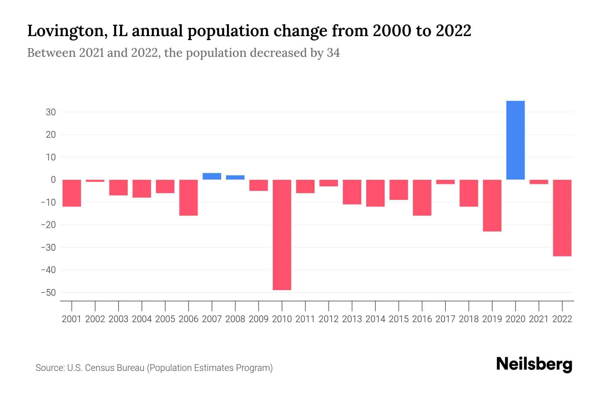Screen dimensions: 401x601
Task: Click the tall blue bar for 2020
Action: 515,140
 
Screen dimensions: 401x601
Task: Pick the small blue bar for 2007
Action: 212,176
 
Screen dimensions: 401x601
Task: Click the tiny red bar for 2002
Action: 95,181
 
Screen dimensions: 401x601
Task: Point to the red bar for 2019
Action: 492,206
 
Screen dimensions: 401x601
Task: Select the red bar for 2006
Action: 188,197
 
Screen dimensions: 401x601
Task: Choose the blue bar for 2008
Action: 235,177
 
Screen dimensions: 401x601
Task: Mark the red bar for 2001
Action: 72,193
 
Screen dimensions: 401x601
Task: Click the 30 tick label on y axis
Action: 51,112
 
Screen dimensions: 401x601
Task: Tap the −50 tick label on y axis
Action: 48,293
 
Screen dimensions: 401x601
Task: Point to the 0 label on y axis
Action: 53,180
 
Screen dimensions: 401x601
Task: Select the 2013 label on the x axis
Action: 352,319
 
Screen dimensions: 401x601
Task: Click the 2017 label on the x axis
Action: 445,319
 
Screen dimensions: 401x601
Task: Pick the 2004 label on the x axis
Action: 142,319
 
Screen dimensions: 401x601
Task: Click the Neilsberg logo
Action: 534,365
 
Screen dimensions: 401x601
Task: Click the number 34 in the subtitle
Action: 333,53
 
